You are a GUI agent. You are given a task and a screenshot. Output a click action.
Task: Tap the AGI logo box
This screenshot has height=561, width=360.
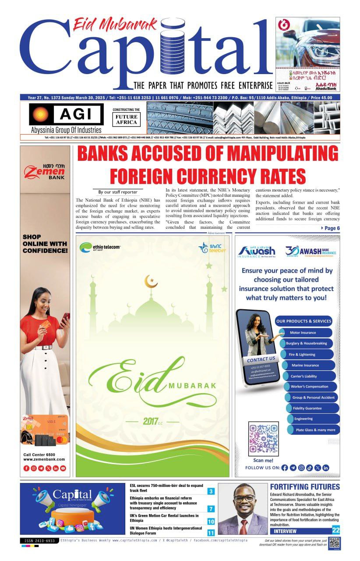[x=66, y=114]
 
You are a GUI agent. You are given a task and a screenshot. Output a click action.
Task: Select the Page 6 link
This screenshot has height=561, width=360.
[x=331, y=228]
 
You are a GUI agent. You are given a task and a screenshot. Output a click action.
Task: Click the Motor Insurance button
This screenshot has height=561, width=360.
[x=303, y=333]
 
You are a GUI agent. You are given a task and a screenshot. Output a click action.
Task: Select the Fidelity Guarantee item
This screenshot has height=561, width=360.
[x=307, y=408]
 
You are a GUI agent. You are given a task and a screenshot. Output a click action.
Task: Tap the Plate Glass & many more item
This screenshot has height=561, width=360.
[x=315, y=430]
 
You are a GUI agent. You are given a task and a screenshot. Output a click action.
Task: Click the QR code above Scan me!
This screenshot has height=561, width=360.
[x=263, y=438]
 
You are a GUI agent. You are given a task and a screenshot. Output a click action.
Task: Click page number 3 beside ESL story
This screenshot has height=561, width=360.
[x=211, y=491]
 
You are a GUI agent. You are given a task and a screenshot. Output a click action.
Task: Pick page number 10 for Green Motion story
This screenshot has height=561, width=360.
[x=211, y=521]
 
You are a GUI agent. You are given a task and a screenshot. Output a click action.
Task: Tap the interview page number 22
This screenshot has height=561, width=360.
[x=335, y=530]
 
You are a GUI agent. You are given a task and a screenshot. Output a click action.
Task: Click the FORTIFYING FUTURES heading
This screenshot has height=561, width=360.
[x=305, y=487]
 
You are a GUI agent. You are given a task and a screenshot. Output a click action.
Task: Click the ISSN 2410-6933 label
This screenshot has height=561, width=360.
[x=39, y=541]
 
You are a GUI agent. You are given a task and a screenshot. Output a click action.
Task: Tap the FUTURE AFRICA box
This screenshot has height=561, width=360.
[x=127, y=120]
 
